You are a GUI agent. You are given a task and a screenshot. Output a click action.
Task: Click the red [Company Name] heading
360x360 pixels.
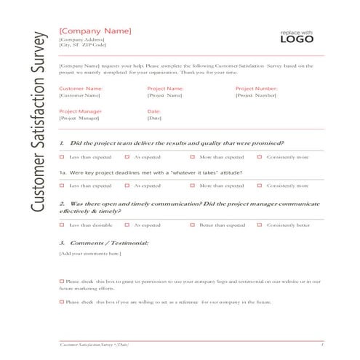click(95, 31)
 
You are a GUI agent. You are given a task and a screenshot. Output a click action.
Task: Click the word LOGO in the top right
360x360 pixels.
click(297, 41)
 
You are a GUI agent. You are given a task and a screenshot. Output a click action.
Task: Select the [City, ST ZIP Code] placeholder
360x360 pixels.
click(84, 46)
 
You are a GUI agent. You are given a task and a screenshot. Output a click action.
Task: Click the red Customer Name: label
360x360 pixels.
click(81, 88)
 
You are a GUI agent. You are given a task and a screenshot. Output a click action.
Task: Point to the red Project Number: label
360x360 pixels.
click(257, 88)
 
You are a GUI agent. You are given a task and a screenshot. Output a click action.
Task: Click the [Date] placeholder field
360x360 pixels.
click(154, 118)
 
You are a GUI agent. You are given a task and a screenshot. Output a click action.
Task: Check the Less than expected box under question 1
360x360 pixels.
click(63, 156)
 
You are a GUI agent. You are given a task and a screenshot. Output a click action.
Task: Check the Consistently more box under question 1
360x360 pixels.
click(260, 156)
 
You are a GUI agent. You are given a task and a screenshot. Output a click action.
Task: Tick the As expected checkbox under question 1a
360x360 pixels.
click(127, 185)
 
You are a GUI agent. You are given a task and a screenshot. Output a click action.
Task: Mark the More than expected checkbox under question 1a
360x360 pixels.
click(193, 185)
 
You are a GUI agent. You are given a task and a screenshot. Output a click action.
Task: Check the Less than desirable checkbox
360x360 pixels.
click(63, 225)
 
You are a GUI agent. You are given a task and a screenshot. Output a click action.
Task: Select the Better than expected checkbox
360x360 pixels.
click(193, 225)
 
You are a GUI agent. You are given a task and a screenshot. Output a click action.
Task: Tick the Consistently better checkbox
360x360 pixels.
click(260, 225)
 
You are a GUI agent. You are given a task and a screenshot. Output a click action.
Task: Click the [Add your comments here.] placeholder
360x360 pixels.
click(89, 253)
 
